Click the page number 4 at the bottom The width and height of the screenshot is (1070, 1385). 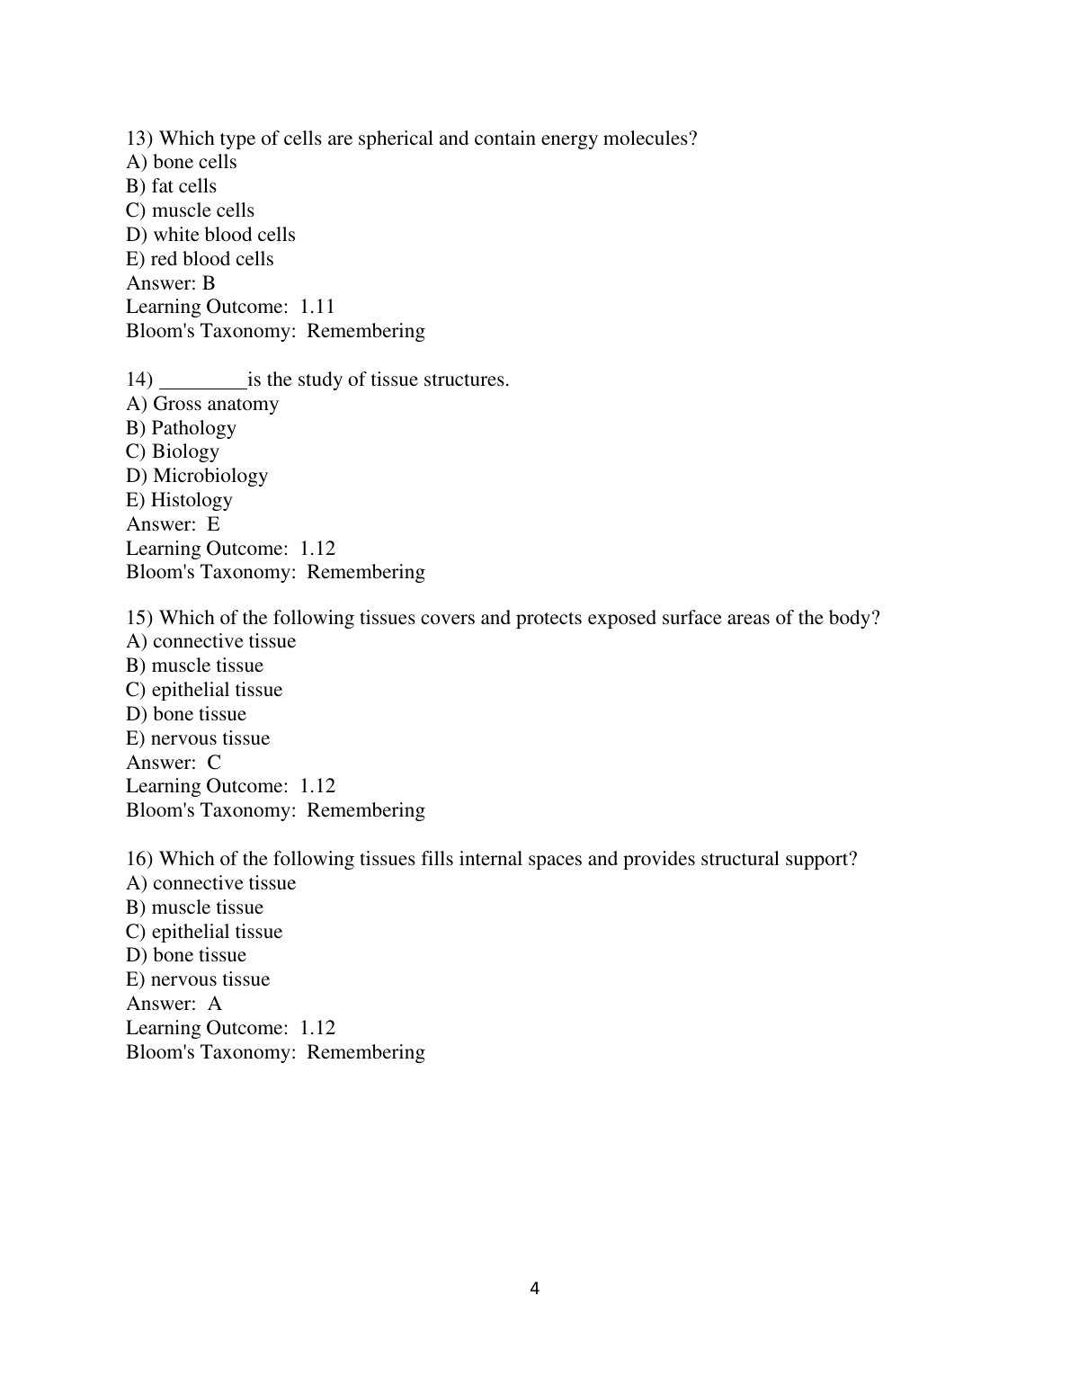pyautogui.click(x=535, y=1289)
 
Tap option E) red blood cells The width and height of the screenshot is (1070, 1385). pyautogui.click(x=200, y=259)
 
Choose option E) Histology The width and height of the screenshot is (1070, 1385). pyautogui.click(x=179, y=500)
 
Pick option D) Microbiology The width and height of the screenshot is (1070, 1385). pyautogui.click(x=197, y=476)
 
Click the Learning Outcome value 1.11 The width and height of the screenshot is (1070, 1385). pyautogui.click(x=317, y=307)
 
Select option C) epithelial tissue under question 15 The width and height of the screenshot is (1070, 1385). pyautogui.click(x=204, y=690)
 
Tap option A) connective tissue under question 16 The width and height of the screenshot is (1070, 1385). pyautogui.click(x=210, y=883)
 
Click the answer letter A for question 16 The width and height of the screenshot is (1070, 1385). pyautogui.click(x=215, y=1004)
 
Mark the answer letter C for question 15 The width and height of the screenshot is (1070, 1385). pyautogui.click(x=214, y=763)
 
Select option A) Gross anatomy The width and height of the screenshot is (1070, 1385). pyautogui.click(x=202, y=404)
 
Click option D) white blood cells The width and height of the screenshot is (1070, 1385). pyautogui.click(x=210, y=235)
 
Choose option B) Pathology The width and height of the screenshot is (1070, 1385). pyautogui.click(x=181, y=428)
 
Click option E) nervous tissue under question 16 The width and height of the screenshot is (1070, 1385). pyautogui.click(x=198, y=979)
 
